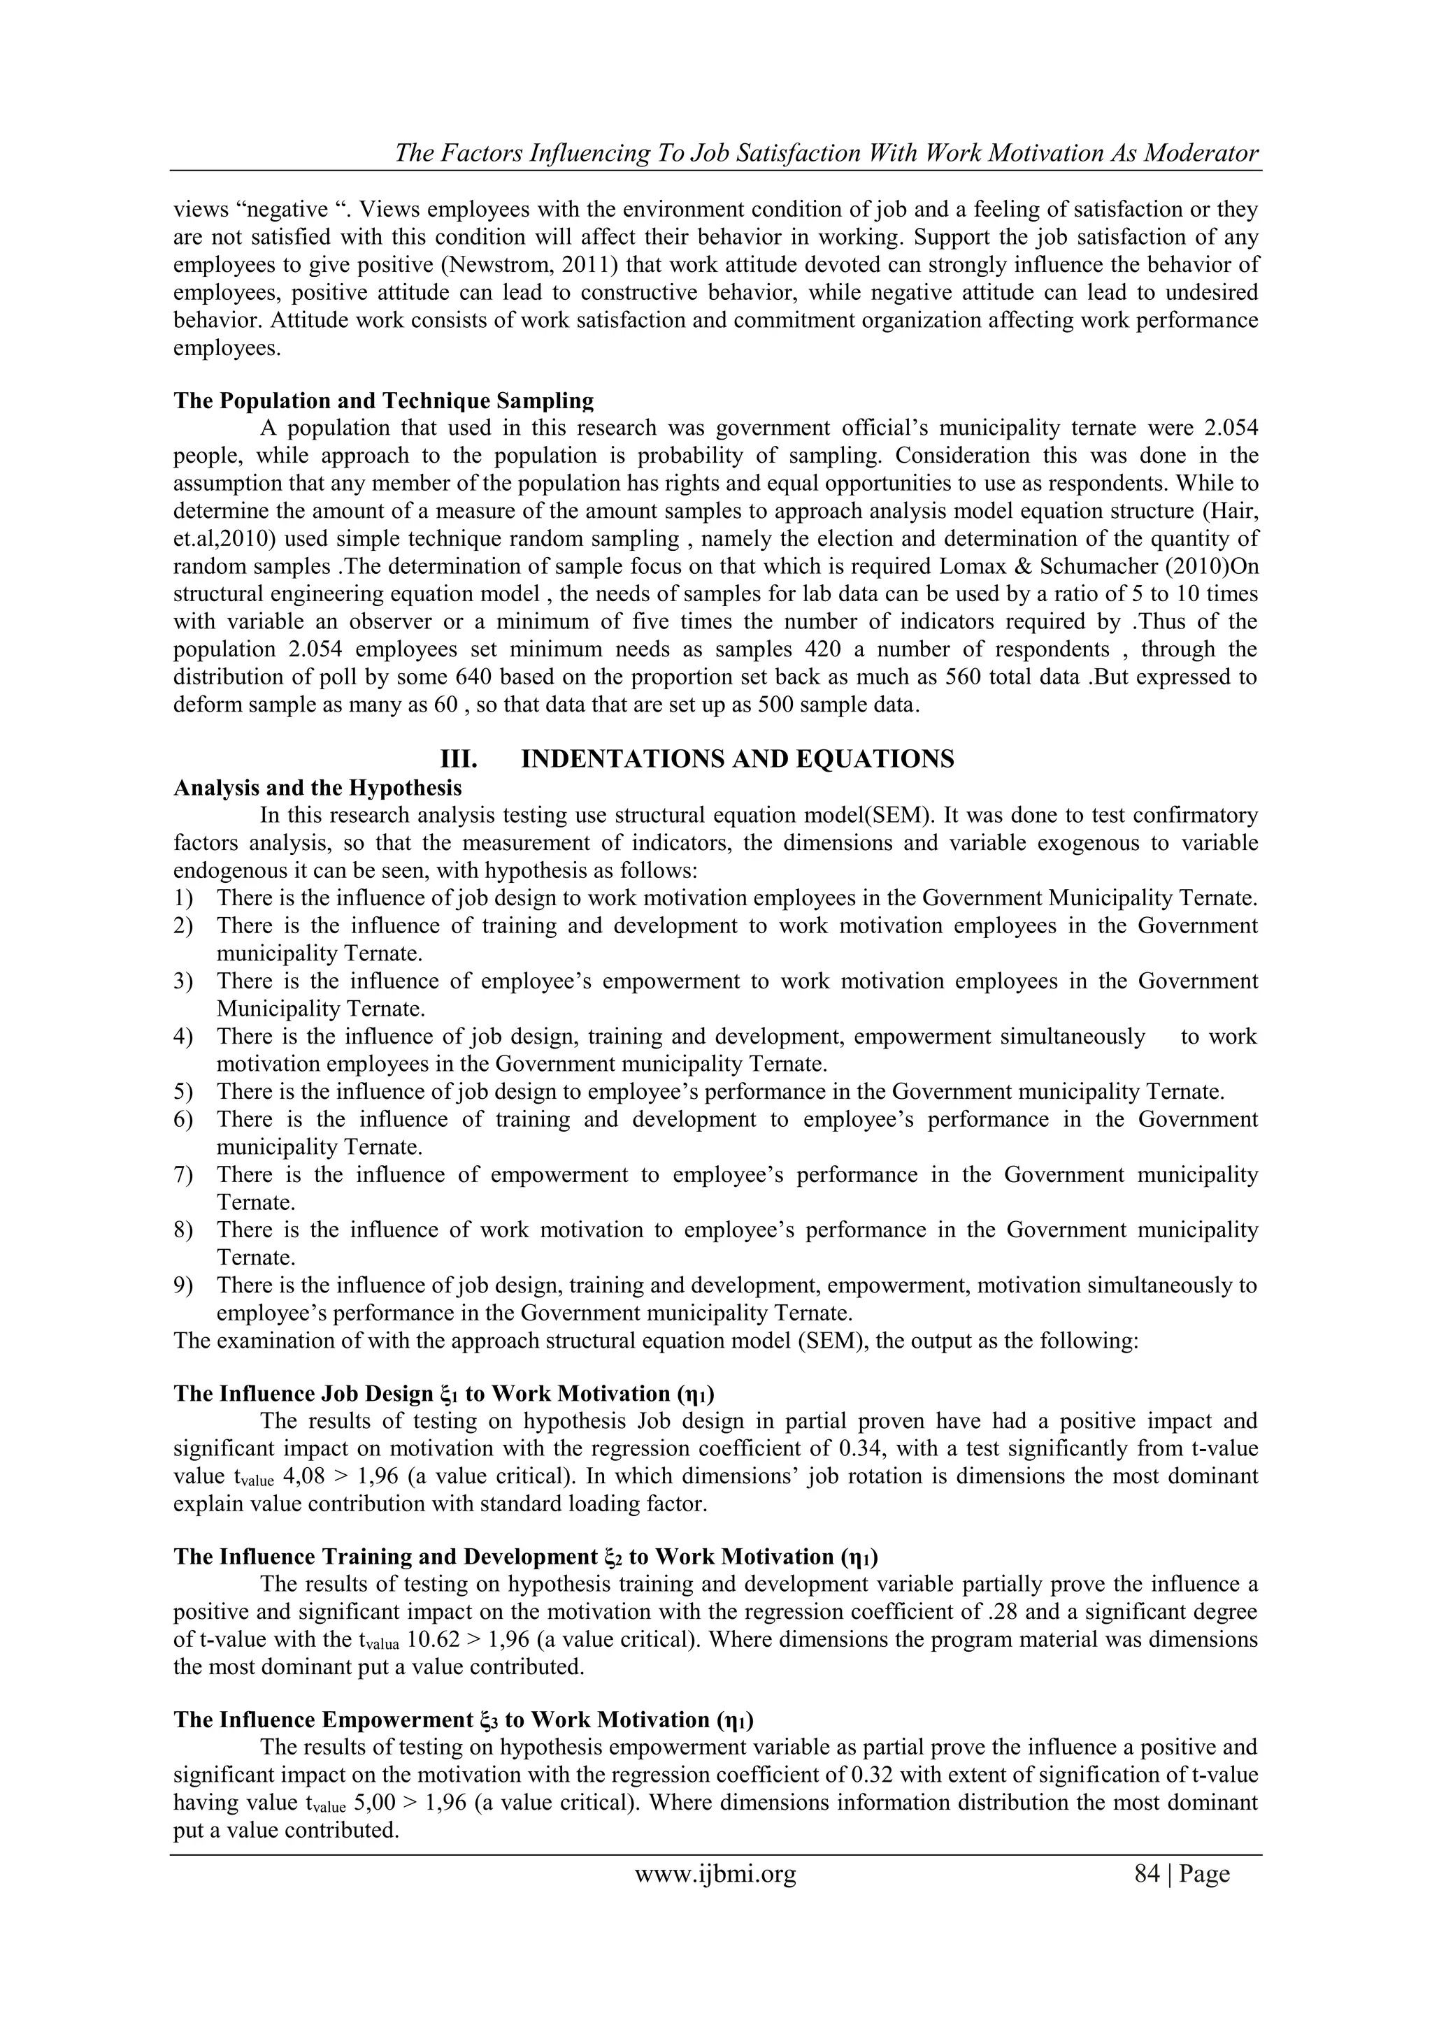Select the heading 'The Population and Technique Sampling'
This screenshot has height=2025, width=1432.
pos(383,401)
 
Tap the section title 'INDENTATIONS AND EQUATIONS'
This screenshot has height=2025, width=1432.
pos(738,758)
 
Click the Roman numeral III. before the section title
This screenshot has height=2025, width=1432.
pos(458,758)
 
